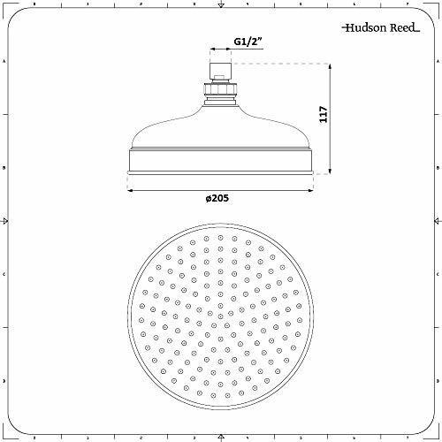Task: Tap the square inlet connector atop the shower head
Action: pos(219,69)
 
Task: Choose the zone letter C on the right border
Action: pos(435,274)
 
